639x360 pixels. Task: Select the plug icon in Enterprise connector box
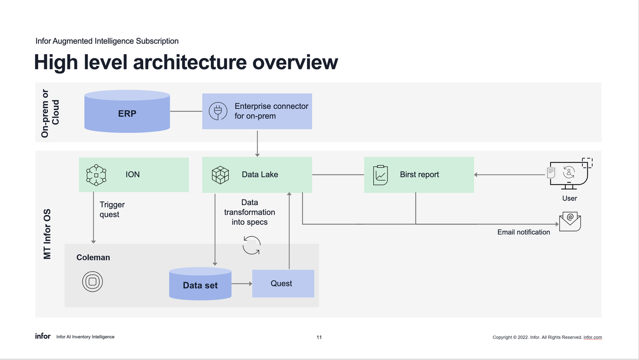pos(218,111)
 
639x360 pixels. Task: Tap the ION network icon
pos(96,175)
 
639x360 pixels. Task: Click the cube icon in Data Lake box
pos(220,175)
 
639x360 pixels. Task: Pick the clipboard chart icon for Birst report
pos(380,175)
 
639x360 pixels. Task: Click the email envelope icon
pos(570,222)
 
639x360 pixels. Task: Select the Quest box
pos(283,283)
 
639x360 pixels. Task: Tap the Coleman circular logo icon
pos(92,282)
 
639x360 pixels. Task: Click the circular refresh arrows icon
pos(251,245)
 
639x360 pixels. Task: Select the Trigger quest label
pos(112,210)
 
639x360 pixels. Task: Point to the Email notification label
pos(524,232)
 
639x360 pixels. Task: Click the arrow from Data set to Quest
pos(242,284)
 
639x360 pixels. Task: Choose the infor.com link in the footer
pos(593,337)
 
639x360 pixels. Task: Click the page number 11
pos(319,337)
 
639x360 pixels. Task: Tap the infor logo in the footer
pos(43,336)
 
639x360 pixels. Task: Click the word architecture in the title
pos(190,62)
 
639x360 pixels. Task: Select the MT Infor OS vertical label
pos(47,234)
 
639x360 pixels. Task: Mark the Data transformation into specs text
pos(250,212)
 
